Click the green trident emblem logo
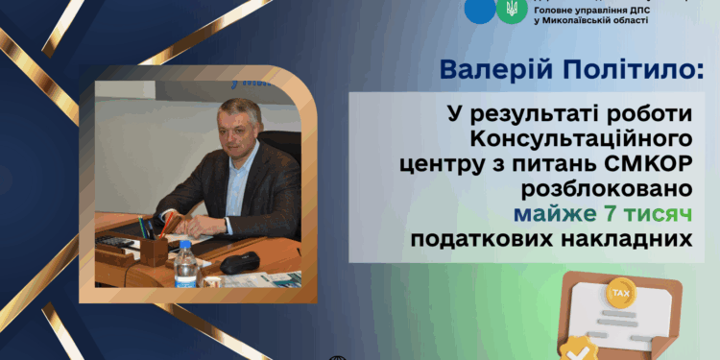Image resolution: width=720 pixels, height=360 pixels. pos(508,10)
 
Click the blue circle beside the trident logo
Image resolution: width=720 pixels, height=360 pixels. pos(476,10)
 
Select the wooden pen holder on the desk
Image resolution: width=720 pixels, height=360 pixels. pos(154,249)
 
